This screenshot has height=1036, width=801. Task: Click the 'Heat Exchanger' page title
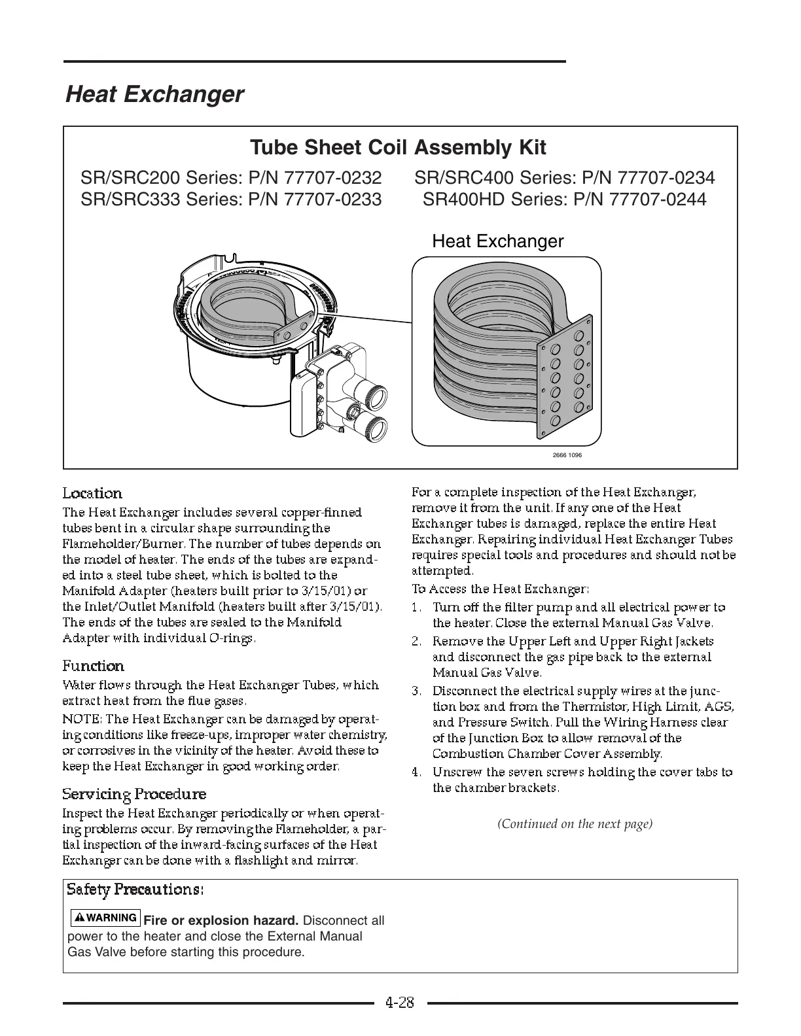tap(154, 95)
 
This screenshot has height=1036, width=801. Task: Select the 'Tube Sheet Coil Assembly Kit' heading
tap(398, 147)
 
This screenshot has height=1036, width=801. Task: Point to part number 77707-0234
tap(666, 178)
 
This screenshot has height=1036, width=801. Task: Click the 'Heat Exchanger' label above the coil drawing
tap(497, 241)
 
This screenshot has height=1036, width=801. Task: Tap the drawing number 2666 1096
tap(567, 455)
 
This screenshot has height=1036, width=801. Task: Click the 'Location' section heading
tap(92, 493)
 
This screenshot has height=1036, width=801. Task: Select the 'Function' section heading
tap(93, 666)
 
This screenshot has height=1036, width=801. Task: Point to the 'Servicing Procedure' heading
tap(134, 794)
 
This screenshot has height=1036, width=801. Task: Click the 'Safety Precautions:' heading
tap(135, 889)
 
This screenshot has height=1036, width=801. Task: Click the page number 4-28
tap(400, 1003)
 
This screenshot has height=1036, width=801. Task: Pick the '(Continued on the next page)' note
tap(575, 823)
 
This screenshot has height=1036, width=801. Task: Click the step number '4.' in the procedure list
tap(416, 772)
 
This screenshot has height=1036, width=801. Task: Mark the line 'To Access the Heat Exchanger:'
tap(501, 589)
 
